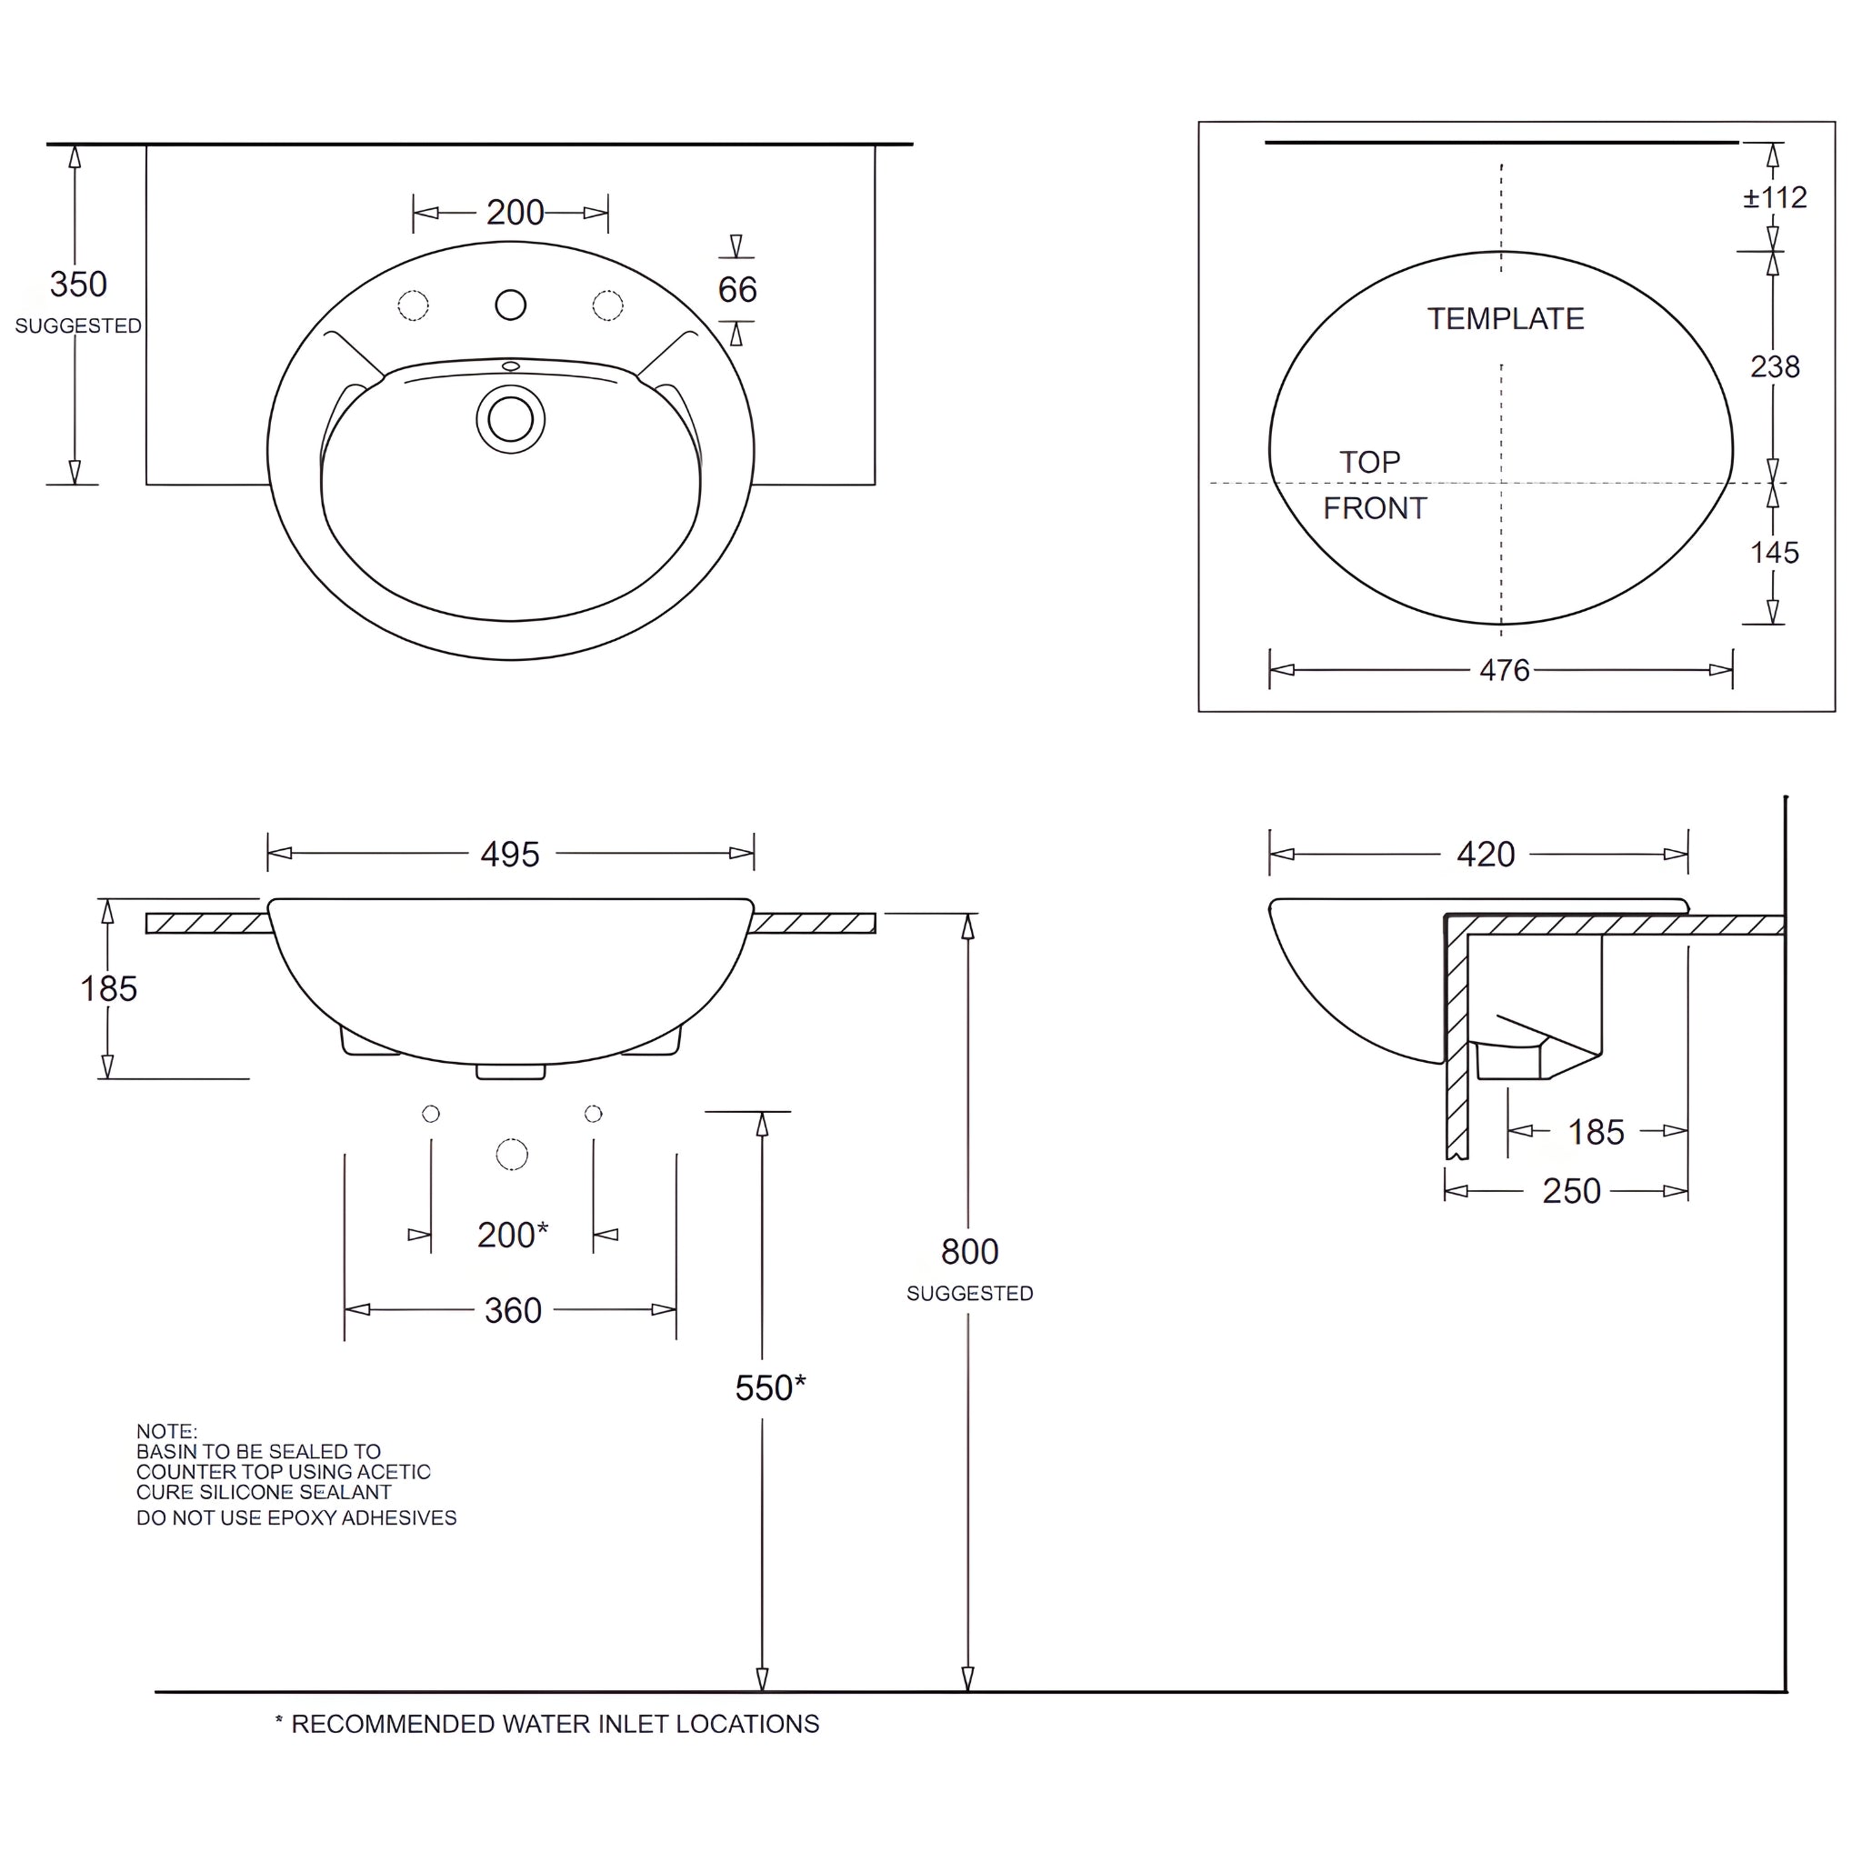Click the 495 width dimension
click(510, 854)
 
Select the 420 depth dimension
click(1486, 854)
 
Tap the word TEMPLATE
click(1506, 319)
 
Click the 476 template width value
click(1505, 670)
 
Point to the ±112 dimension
click(1775, 197)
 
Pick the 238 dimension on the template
click(1775, 366)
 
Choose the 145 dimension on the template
click(1775, 552)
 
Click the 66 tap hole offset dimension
click(737, 289)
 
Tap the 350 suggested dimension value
click(78, 285)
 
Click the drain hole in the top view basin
click(511, 419)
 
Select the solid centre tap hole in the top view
click(511, 305)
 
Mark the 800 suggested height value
click(969, 1251)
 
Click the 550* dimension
click(769, 1387)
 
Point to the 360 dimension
click(513, 1311)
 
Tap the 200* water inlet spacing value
click(512, 1235)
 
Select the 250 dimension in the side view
click(1571, 1191)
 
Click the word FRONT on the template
click(1375, 508)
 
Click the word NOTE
click(165, 1431)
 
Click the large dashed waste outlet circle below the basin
click(512, 1155)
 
